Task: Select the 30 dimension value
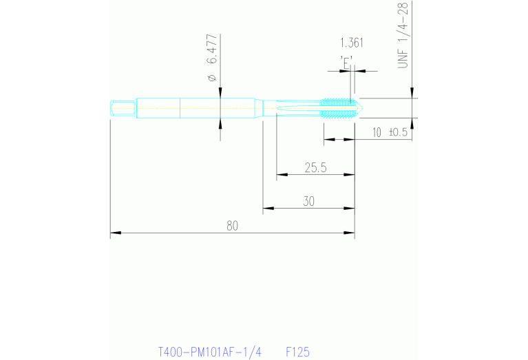point(309,200)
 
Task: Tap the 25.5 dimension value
point(315,167)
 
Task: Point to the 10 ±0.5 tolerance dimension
point(390,133)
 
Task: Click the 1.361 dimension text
point(352,43)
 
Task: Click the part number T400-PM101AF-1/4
point(210,352)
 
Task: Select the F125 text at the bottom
point(297,352)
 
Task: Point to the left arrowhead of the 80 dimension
point(115,234)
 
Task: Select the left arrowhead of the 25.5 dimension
point(281,174)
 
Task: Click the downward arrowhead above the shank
point(220,94)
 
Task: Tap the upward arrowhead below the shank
point(220,123)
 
